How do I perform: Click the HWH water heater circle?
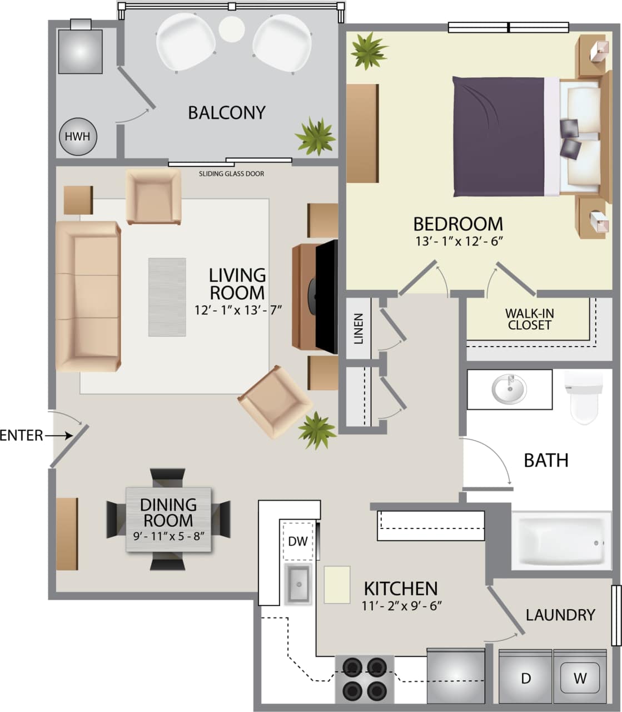[x=78, y=136]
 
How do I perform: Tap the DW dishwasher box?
[x=298, y=541]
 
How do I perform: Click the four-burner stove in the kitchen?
[x=364, y=678]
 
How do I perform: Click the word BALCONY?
[x=226, y=113]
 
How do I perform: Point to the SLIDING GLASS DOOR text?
[x=231, y=174]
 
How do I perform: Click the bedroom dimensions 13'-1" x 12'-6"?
[x=458, y=241]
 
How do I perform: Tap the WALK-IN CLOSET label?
[x=529, y=319]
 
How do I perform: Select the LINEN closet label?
[x=359, y=329]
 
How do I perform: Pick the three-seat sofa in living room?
[x=88, y=296]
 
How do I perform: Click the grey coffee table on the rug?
[x=167, y=297]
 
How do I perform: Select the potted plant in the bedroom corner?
[x=367, y=50]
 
